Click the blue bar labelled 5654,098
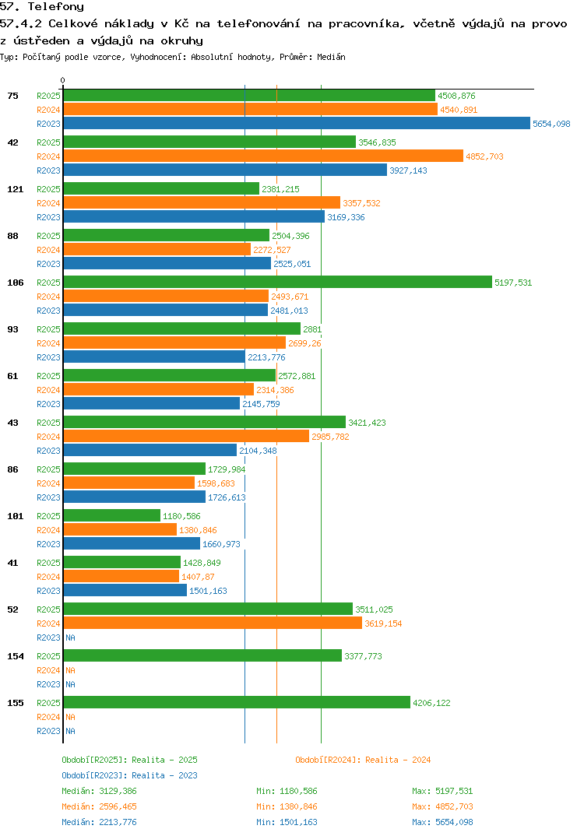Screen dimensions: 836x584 coord(296,124)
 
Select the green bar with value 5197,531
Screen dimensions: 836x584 coord(277,283)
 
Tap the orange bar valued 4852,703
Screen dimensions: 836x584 coord(263,156)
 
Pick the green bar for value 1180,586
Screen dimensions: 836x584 coord(111,516)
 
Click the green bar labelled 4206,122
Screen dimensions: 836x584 coord(237,703)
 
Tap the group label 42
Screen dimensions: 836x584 coord(13,142)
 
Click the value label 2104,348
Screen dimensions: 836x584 coord(258,451)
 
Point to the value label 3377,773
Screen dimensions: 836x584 coord(363,656)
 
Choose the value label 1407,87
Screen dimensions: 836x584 coord(198,577)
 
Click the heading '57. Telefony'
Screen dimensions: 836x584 coord(42,7)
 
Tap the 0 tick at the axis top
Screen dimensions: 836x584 coord(63,80)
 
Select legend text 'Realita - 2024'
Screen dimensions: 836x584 coord(398,760)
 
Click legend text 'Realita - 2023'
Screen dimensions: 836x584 coord(164,775)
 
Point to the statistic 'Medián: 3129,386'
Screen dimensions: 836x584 coord(99,791)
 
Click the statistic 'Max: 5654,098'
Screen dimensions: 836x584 coord(442,822)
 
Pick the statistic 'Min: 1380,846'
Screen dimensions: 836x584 coord(287,806)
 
